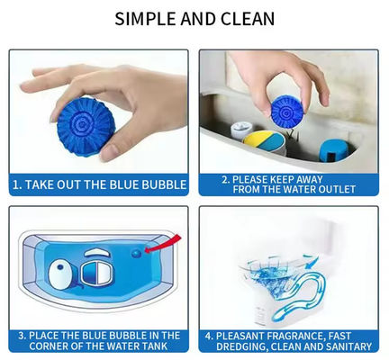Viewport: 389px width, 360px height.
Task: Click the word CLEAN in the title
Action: click(x=248, y=19)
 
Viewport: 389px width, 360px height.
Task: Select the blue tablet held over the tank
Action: click(x=287, y=112)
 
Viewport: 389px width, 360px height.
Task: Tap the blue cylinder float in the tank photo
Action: click(x=333, y=150)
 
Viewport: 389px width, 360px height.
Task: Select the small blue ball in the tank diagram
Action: click(x=136, y=254)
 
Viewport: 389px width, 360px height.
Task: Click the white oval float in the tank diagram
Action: click(x=62, y=275)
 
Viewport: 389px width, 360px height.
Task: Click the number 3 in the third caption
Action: click(x=21, y=336)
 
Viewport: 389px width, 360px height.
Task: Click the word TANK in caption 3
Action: click(x=154, y=346)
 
